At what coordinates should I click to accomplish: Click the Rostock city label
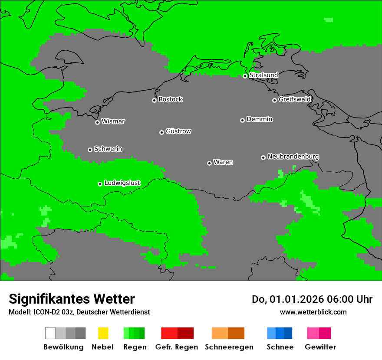click(x=171, y=99)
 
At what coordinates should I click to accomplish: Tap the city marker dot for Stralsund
click(x=245, y=76)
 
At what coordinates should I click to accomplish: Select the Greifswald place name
click(x=295, y=99)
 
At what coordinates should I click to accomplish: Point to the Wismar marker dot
click(x=97, y=122)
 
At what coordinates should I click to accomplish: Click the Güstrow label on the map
click(x=178, y=131)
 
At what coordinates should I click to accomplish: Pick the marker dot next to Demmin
click(x=242, y=120)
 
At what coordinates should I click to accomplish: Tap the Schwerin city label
click(x=108, y=149)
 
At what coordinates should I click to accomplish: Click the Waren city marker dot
click(x=209, y=163)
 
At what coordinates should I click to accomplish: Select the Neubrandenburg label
click(x=293, y=157)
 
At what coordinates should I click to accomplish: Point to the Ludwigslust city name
click(x=122, y=183)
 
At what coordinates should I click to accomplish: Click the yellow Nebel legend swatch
click(x=103, y=333)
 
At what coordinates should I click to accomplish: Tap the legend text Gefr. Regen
click(x=177, y=347)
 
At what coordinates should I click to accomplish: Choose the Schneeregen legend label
click(x=229, y=347)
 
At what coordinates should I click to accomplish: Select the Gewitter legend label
click(x=320, y=347)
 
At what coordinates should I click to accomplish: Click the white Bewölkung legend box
click(x=50, y=333)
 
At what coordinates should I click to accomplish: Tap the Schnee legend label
click(x=280, y=347)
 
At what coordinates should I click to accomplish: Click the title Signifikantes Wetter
click(x=72, y=299)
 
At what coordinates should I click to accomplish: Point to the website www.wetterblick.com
click(x=313, y=312)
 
